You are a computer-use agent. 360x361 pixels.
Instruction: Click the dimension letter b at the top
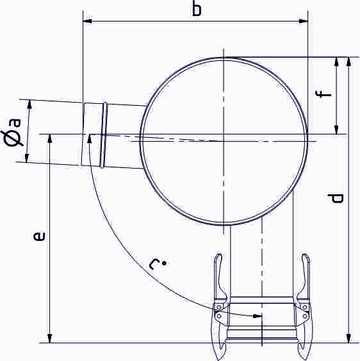coord(197,9)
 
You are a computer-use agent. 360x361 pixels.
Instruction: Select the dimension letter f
coord(325,96)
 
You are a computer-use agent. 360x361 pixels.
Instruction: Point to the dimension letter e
coord(39,237)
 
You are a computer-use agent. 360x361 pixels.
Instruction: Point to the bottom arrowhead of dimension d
coord(348,338)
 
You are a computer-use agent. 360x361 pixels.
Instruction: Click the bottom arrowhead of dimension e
coord(49,338)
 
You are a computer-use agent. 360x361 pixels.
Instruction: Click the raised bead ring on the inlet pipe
coord(104,135)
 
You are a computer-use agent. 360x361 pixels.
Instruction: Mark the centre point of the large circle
coord(223,140)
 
